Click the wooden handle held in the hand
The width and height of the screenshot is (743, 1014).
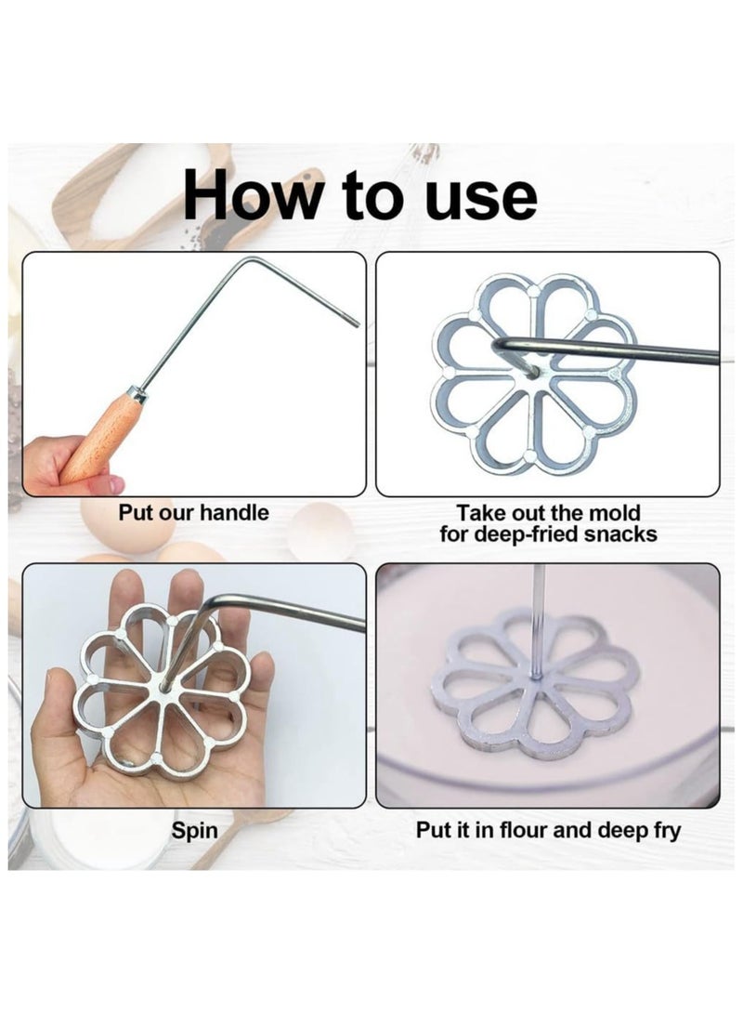[x=103, y=437]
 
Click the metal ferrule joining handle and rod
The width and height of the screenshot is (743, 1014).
[x=138, y=395]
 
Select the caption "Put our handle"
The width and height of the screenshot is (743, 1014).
[x=193, y=513]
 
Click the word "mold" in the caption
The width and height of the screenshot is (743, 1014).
[x=614, y=513]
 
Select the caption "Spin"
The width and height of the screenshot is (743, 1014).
[x=194, y=830]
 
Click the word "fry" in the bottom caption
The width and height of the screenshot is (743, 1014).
[x=662, y=830]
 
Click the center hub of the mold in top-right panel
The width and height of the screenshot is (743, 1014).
[x=533, y=370]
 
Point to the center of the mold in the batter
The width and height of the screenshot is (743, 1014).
[x=536, y=680]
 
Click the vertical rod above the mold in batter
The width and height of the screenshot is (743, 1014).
[x=538, y=613]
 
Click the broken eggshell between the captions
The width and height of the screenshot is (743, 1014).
[x=320, y=531]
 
